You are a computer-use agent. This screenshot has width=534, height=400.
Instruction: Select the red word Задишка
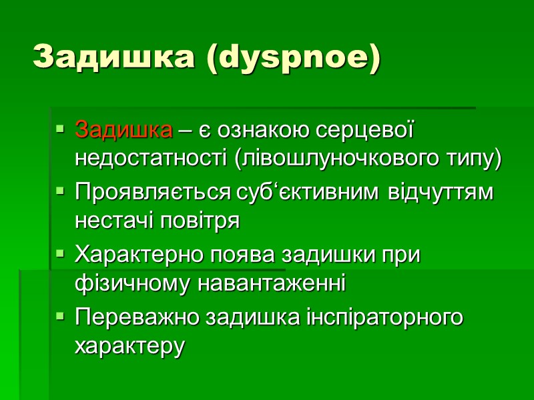123,130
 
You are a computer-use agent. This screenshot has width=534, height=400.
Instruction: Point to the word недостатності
152,159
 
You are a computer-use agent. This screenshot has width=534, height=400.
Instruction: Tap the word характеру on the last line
129,347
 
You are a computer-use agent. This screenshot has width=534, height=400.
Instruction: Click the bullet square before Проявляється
59,192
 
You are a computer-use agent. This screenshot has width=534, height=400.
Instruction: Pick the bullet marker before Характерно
59,255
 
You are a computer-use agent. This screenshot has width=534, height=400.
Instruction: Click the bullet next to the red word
59,129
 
